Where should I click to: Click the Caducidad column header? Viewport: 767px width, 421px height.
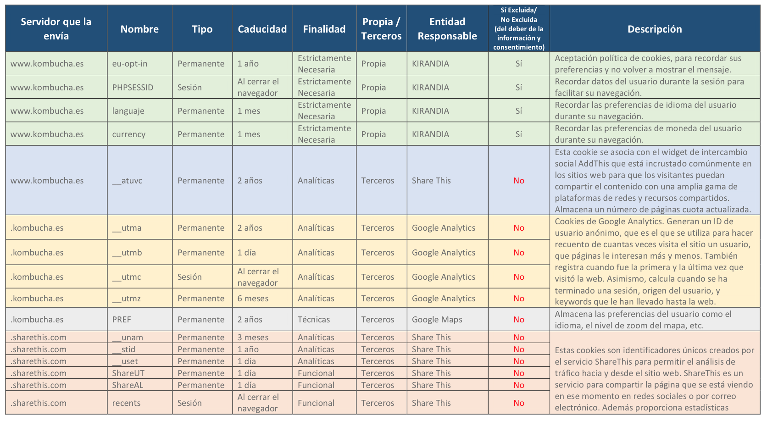pyautogui.click(x=262, y=29)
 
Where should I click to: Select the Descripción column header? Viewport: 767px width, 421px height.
pyautogui.click(x=655, y=29)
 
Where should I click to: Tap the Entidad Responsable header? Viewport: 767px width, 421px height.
pyautogui.click(x=447, y=29)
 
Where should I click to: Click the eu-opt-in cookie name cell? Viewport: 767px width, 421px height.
pyautogui.click(x=130, y=64)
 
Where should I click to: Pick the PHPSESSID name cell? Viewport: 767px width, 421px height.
pyautogui.click(x=133, y=87)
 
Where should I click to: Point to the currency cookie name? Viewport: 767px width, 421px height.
pyautogui.click(x=129, y=134)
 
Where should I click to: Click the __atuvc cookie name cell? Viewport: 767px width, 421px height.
pyautogui.click(x=127, y=180)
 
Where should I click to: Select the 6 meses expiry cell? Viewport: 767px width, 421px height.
pyautogui.click(x=253, y=299)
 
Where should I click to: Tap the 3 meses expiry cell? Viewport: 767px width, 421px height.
pyautogui.click(x=253, y=338)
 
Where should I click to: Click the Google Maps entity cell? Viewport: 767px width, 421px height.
pyautogui.click(x=437, y=319)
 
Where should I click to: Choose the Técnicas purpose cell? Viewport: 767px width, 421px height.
pyautogui.click(x=314, y=319)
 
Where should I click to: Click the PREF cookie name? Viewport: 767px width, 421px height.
pyautogui.click(x=122, y=319)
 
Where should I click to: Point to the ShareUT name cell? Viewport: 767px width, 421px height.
pyautogui.click(x=128, y=373)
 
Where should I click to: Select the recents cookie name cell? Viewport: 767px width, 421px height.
pyautogui.click(x=126, y=403)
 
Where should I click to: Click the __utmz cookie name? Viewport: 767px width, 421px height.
pyautogui.click(x=126, y=299)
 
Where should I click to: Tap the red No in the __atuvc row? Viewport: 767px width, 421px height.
pyautogui.click(x=519, y=180)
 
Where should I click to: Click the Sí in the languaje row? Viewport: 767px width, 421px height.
pyautogui.click(x=519, y=111)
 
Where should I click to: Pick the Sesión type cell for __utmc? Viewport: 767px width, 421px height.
pyautogui.click(x=189, y=277)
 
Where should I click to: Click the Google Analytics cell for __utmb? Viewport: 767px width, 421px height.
pyautogui.click(x=444, y=253)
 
